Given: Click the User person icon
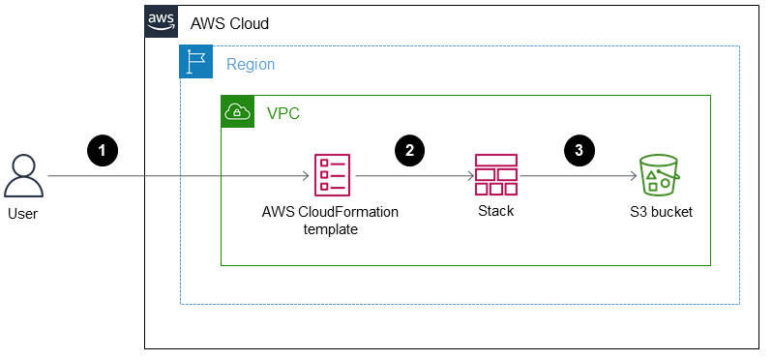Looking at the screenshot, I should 23,176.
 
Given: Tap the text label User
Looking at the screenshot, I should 23,213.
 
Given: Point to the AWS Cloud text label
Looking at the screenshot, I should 229,23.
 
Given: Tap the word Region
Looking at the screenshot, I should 251,64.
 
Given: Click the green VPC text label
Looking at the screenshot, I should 282,113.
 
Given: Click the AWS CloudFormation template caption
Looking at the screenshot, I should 330,220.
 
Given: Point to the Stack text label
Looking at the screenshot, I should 495,211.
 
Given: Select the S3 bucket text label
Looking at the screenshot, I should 660,211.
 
